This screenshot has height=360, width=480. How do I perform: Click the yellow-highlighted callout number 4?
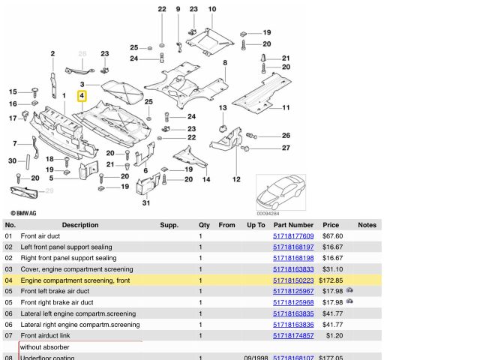tap(82, 96)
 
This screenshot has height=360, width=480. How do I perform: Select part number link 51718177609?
tap(293, 236)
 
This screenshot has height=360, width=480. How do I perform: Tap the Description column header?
tap(80, 225)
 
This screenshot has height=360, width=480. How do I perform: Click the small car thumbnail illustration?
tap(280, 192)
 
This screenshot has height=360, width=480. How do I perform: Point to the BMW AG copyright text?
tap(23, 213)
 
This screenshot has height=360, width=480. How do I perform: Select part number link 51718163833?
tap(293, 269)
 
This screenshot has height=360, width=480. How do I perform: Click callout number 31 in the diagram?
tap(146, 203)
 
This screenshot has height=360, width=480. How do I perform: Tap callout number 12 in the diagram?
tap(236, 179)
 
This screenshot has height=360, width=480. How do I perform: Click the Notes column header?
tap(367, 225)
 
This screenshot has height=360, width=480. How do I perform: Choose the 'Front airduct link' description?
tap(45, 335)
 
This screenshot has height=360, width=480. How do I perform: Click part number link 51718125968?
tap(293, 302)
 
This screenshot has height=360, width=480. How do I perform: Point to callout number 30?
tap(12, 160)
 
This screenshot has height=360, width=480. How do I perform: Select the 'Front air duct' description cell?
tap(40, 236)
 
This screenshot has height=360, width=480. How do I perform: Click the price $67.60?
tap(332, 236)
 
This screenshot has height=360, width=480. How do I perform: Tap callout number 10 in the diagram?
tap(212, 9)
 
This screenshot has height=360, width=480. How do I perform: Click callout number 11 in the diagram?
tap(286, 107)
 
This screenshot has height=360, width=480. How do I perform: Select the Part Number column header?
tap(293, 225)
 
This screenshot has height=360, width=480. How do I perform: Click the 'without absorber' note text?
tap(45, 347)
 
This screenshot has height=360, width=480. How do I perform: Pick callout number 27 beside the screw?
tap(286, 148)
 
